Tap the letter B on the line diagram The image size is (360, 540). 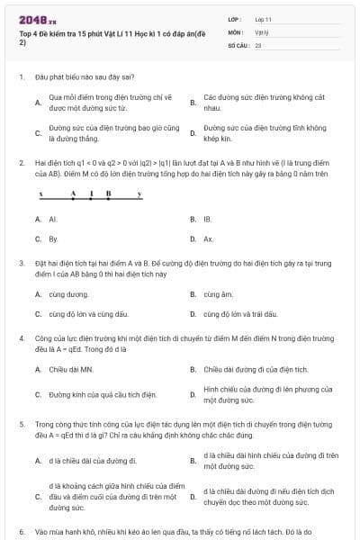click(x=108, y=193)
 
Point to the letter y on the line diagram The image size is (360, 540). click(x=139, y=193)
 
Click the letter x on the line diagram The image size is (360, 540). click(x=40, y=193)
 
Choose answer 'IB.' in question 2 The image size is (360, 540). click(x=207, y=219)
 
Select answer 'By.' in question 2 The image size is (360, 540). click(x=53, y=239)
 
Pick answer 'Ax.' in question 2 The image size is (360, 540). click(x=208, y=239)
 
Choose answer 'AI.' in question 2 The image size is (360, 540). click(x=53, y=219)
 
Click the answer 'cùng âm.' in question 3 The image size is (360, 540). click(x=218, y=293)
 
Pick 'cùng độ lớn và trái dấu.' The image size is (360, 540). click(x=242, y=314)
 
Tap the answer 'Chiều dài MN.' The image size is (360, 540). click(x=71, y=369)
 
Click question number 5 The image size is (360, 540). click(x=21, y=423)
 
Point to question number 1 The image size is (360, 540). click(x=21, y=76)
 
